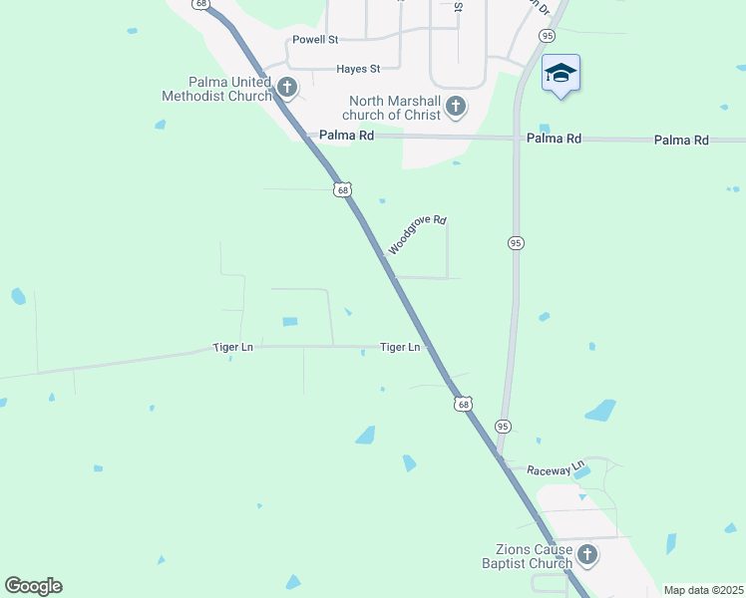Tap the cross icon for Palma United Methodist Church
pyautogui.click(x=287, y=87)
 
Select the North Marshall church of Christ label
pyautogui.click(x=394, y=108)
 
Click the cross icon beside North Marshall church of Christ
pyautogui.click(x=456, y=106)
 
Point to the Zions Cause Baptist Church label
pyautogui.click(x=535, y=556)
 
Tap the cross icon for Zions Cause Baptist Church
pyautogui.click(x=587, y=555)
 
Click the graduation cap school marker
pyautogui.click(x=560, y=74)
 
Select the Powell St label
pyautogui.click(x=315, y=40)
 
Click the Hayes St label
pyautogui.click(x=358, y=69)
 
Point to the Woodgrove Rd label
pyautogui.click(x=417, y=234)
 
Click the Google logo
pyautogui.click(x=33, y=586)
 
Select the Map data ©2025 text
pyautogui.click(x=702, y=590)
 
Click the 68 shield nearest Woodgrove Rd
pyautogui.click(x=342, y=189)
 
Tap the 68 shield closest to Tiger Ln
pyautogui.click(x=462, y=403)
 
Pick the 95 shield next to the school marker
pyautogui.click(x=547, y=35)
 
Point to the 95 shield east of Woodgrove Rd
pyautogui.click(x=515, y=243)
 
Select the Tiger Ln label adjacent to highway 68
pyautogui.click(x=400, y=347)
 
